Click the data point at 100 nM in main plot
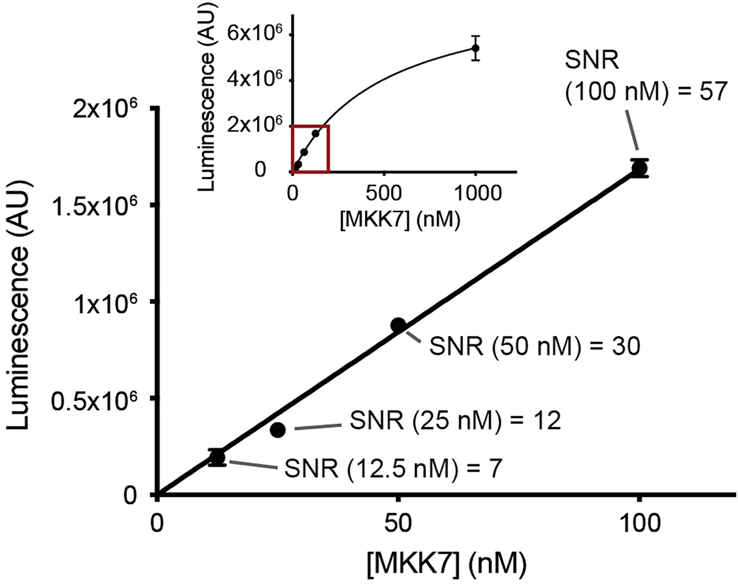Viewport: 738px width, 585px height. pyautogui.click(x=639, y=168)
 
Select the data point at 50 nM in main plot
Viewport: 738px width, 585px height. pyautogui.click(x=398, y=325)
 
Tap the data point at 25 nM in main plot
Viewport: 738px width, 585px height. pyautogui.click(x=278, y=430)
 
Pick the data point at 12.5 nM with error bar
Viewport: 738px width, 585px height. pyautogui.click(x=217, y=457)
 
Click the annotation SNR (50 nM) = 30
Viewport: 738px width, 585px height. pyautogui.click(x=534, y=346)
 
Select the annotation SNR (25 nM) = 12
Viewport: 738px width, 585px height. pyautogui.click(x=455, y=420)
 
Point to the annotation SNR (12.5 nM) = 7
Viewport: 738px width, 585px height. pyautogui.click(x=393, y=468)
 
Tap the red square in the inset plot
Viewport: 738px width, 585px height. pyautogui.click(x=310, y=149)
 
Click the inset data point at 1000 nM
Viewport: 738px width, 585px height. pyautogui.click(x=475, y=48)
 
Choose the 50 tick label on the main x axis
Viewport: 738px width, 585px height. pyautogui.click(x=398, y=524)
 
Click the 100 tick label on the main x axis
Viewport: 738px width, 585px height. pyautogui.click(x=639, y=524)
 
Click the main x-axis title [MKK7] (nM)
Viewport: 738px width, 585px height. pyautogui.click(x=445, y=564)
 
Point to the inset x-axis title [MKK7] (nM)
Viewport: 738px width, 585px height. pyautogui.click(x=400, y=219)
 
